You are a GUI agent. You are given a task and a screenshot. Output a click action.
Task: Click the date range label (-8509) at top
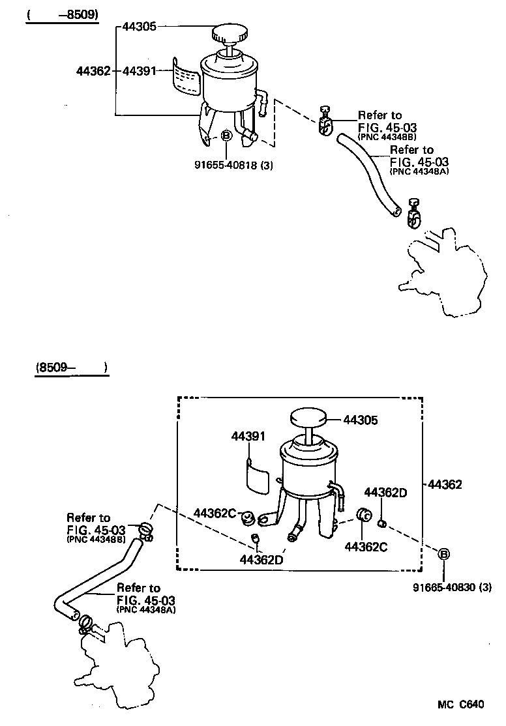point(62,14)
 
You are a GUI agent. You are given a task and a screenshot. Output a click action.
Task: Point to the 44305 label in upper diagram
point(140,27)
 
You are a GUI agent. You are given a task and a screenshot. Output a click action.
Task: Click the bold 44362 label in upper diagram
point(93,70)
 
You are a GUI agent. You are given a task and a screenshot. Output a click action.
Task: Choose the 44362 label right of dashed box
point(445,484)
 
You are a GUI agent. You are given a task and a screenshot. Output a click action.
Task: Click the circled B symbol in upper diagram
point(226,136)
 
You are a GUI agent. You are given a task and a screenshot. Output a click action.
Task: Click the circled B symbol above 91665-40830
point(443,554)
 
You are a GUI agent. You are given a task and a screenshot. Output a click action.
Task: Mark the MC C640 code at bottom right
point(460,704)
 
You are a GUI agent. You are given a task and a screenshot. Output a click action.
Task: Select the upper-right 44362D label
point(385,492)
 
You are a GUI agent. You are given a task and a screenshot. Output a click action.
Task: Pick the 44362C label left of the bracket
point(215,513)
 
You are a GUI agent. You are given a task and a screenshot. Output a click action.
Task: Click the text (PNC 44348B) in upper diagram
point(387,138)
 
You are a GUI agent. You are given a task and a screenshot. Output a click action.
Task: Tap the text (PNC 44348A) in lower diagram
point(146,609)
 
